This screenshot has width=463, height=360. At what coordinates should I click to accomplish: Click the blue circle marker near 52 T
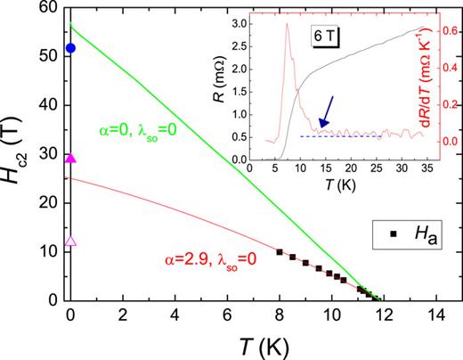click(x=71, y=47)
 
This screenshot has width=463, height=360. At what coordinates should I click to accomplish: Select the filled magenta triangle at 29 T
click(x=71, y=158)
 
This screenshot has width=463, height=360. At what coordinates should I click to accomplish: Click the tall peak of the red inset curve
click(x=287, y=24)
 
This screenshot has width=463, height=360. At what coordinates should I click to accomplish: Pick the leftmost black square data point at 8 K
click(x=280, y=252)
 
